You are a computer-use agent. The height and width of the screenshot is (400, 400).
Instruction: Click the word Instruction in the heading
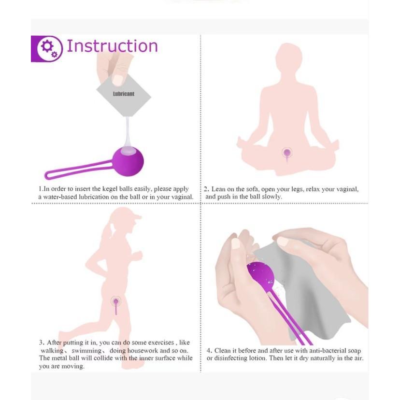[112, 46]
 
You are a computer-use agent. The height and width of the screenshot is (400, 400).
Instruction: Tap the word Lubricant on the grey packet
[124, 94]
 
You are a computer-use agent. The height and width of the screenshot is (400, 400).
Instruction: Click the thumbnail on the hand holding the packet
[117, 80]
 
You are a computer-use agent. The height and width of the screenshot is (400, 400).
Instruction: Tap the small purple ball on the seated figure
[287, 153]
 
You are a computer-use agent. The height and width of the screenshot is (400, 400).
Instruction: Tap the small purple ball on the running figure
[116, 301]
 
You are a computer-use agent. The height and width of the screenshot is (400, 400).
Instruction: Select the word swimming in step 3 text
[86, 350]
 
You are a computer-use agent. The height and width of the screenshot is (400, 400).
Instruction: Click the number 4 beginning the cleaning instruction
[209, 350]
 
